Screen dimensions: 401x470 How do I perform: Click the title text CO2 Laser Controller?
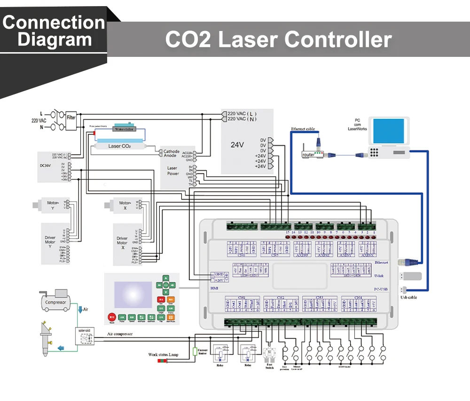tap(278, 39)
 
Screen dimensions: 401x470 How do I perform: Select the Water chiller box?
tap(124, 129)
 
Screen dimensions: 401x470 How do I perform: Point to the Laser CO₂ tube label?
tap(119, 146)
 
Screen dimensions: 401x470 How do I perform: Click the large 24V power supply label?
tap(237, 145)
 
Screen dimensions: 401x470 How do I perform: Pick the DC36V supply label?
tap(46, 165)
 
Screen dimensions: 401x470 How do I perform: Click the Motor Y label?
tap(53, 205)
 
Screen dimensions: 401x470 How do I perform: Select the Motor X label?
tap(125, 205)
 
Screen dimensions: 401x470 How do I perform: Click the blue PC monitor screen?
tap(388, 131)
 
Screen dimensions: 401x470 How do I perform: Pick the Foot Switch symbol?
tap(269, 355)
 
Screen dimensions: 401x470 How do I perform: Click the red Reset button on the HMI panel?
tap(112, 317)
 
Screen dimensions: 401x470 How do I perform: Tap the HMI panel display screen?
tap(133, 294)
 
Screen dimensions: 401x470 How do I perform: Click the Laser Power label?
tap(173, 171)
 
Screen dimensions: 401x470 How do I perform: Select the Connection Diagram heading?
tap(54, 31)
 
